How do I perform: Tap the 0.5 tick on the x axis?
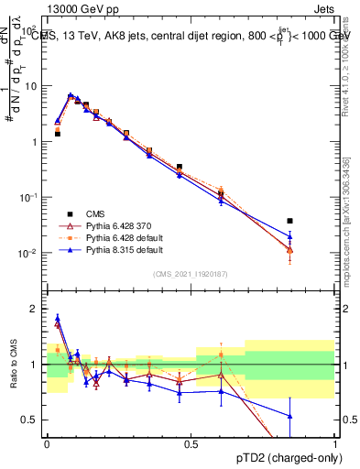191,443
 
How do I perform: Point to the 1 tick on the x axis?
334,443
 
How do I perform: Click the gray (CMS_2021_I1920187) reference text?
190,274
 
